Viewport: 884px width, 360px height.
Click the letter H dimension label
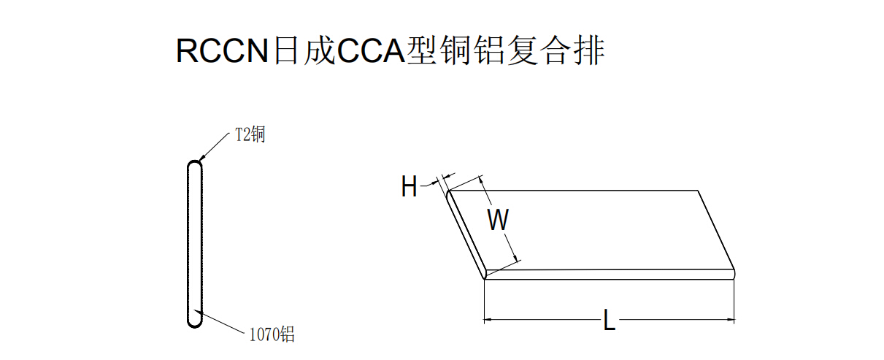tap(409, 186)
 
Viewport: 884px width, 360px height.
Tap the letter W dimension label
tap(498, 220)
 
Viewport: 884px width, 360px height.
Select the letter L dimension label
tap(610, 320)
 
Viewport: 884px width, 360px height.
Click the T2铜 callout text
tap(250, 134)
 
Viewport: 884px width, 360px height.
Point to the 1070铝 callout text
tap(272, 334)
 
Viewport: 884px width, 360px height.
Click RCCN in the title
tap(222, 50)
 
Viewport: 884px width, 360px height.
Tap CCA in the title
tap(372, 50)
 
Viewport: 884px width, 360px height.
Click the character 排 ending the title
tap(589, 50)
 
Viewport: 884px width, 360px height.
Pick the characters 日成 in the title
tap(304, 50)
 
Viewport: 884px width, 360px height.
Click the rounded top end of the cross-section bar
tap(195, 164)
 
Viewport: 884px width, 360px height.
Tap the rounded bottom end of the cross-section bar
tap(195, 323)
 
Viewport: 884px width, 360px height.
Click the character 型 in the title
tap(422, 50)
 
